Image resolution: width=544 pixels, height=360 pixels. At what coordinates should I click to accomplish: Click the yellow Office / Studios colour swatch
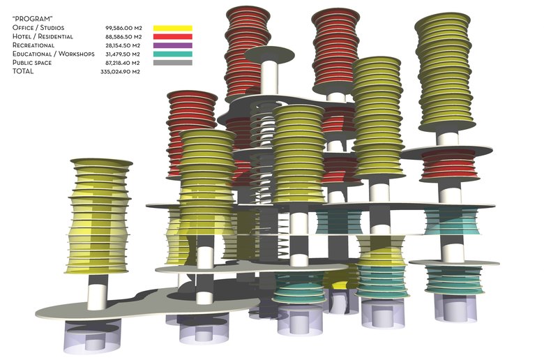tap(173, 28)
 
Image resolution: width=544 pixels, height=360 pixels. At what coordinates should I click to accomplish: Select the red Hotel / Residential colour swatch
tap(173, 36)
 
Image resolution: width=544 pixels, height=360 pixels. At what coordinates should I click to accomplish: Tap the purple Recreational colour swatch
tap(173, 45)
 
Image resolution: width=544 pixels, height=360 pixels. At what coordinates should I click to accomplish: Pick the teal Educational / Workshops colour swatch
tap(173, 54)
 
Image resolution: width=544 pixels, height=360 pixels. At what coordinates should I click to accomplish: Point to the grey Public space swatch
tap(173, 63)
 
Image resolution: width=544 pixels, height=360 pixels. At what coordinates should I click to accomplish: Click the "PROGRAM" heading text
tap(32, 19)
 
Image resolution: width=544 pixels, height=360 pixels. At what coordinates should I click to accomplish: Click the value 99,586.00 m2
tap(123, 28)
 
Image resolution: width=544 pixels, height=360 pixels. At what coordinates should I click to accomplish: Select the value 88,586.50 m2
tap(123, 37)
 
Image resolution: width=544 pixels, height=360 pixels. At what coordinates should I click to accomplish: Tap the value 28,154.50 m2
tap(123, 45)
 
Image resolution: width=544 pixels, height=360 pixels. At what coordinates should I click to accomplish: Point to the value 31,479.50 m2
tap(123, 54)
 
